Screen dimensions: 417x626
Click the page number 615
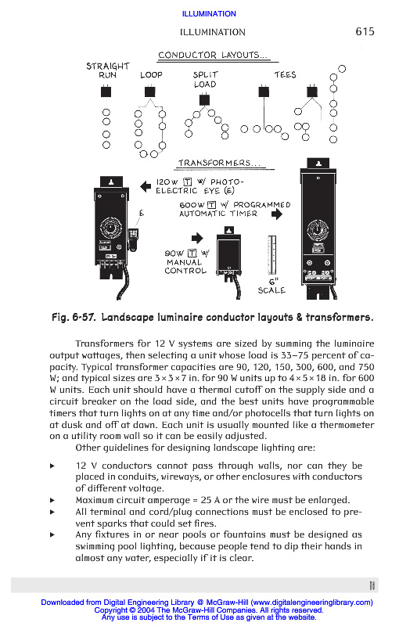(365, 31)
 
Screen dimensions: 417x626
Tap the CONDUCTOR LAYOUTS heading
(213, 55)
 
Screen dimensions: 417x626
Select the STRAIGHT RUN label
(108, 70)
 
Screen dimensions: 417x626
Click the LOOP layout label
(151, 74)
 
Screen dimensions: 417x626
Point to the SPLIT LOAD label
(205, 80)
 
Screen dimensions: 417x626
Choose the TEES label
(285, 74)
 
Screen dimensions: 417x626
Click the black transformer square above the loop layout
(149, 92)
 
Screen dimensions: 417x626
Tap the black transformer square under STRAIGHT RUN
(106, 92)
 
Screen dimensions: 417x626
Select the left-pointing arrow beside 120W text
(146, 186)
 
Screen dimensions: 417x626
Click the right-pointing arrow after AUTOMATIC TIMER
(276, 214)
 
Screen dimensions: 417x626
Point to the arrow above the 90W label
(197, 239)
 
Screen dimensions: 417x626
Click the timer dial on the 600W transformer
(318, 230)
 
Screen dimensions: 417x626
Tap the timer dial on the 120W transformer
(110, 228)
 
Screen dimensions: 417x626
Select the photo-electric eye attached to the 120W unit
(133, 236)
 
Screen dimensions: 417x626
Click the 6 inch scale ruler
(271, 255)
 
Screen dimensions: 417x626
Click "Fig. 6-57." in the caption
(74, 318)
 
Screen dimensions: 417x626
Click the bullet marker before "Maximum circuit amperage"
(52, 500)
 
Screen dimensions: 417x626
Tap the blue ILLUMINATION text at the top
(209, 14)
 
